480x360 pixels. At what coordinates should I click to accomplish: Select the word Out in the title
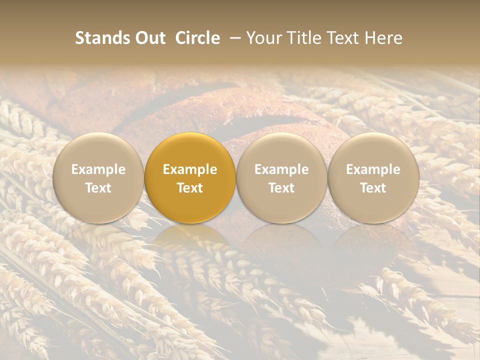pos(149,38)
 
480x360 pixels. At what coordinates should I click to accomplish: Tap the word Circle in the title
pos(197,38)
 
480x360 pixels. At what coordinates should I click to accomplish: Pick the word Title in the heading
pos(304,38)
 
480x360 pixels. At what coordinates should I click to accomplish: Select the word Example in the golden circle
pos(190,169)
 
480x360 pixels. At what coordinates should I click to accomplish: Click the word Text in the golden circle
pos(190,188)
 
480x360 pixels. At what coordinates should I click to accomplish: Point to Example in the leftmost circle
pos(98,169)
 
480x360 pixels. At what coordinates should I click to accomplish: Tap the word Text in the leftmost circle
pos(98,188)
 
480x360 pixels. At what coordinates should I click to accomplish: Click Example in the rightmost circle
pos(373,169)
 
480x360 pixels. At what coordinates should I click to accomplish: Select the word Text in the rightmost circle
pos(373,188)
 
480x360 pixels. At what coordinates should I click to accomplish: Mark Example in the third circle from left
pos(281,169)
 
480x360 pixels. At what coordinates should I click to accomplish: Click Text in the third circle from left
pos(281,188)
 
